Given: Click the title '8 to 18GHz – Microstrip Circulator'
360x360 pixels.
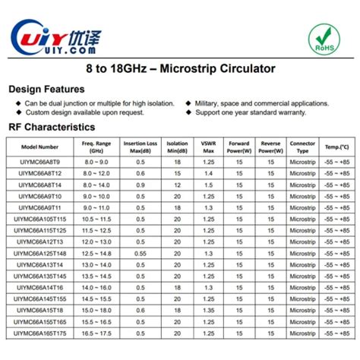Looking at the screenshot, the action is point(180,69).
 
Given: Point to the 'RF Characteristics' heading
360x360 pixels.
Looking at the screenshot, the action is point(52,127).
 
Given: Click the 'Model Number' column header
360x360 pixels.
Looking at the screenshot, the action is point(40,147).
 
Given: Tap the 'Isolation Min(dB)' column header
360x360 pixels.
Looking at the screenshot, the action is point(177,147).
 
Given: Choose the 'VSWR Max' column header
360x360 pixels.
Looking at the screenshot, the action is point(207,147).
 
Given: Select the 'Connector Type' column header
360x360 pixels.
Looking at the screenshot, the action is point(302,147).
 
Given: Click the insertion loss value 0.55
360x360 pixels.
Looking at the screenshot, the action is point(141,253).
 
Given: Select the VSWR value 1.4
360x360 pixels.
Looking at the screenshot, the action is point(207,173).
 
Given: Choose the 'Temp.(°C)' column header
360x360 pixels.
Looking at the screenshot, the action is point(336,147).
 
